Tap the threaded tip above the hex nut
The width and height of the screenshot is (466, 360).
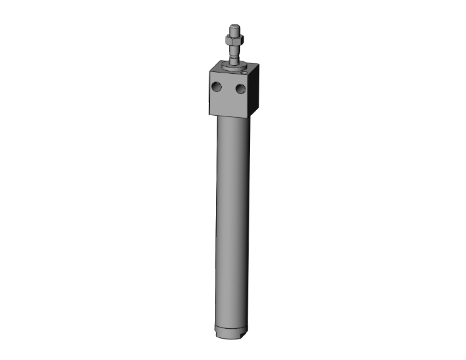coord(234,30)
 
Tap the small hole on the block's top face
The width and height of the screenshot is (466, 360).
coord(246,72)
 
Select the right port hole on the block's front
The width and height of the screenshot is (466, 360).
coord(240,90)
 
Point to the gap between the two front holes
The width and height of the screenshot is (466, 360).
coord(229,89)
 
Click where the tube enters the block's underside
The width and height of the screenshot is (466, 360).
coord(233,119)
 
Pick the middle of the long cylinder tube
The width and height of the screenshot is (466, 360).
coord(233,225)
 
